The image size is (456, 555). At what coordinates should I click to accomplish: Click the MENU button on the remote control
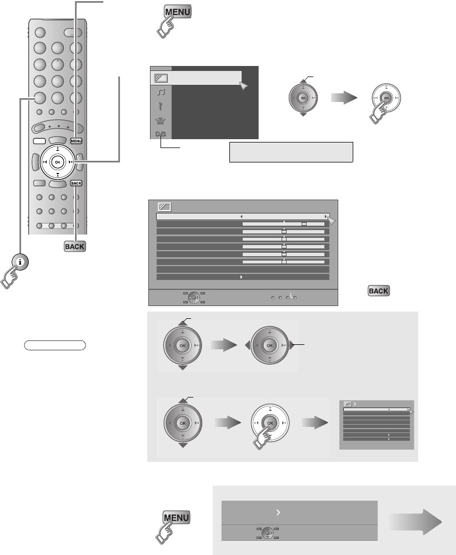76,141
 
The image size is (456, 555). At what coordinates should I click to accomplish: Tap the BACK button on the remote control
76,183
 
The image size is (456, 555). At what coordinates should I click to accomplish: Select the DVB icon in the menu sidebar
161,134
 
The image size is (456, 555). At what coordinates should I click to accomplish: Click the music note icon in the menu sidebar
161,93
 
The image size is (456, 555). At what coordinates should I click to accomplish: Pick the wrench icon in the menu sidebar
161,106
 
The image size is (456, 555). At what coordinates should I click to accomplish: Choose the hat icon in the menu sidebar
161,120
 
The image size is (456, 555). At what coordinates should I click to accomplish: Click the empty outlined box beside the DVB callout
292,151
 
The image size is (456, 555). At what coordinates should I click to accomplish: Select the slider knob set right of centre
304,224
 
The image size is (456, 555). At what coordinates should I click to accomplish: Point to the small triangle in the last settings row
241,276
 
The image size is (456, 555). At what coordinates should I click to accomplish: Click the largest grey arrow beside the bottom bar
416,522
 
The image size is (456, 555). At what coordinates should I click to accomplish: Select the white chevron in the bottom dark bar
277,513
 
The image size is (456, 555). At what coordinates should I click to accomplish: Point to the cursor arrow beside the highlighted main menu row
243,85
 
